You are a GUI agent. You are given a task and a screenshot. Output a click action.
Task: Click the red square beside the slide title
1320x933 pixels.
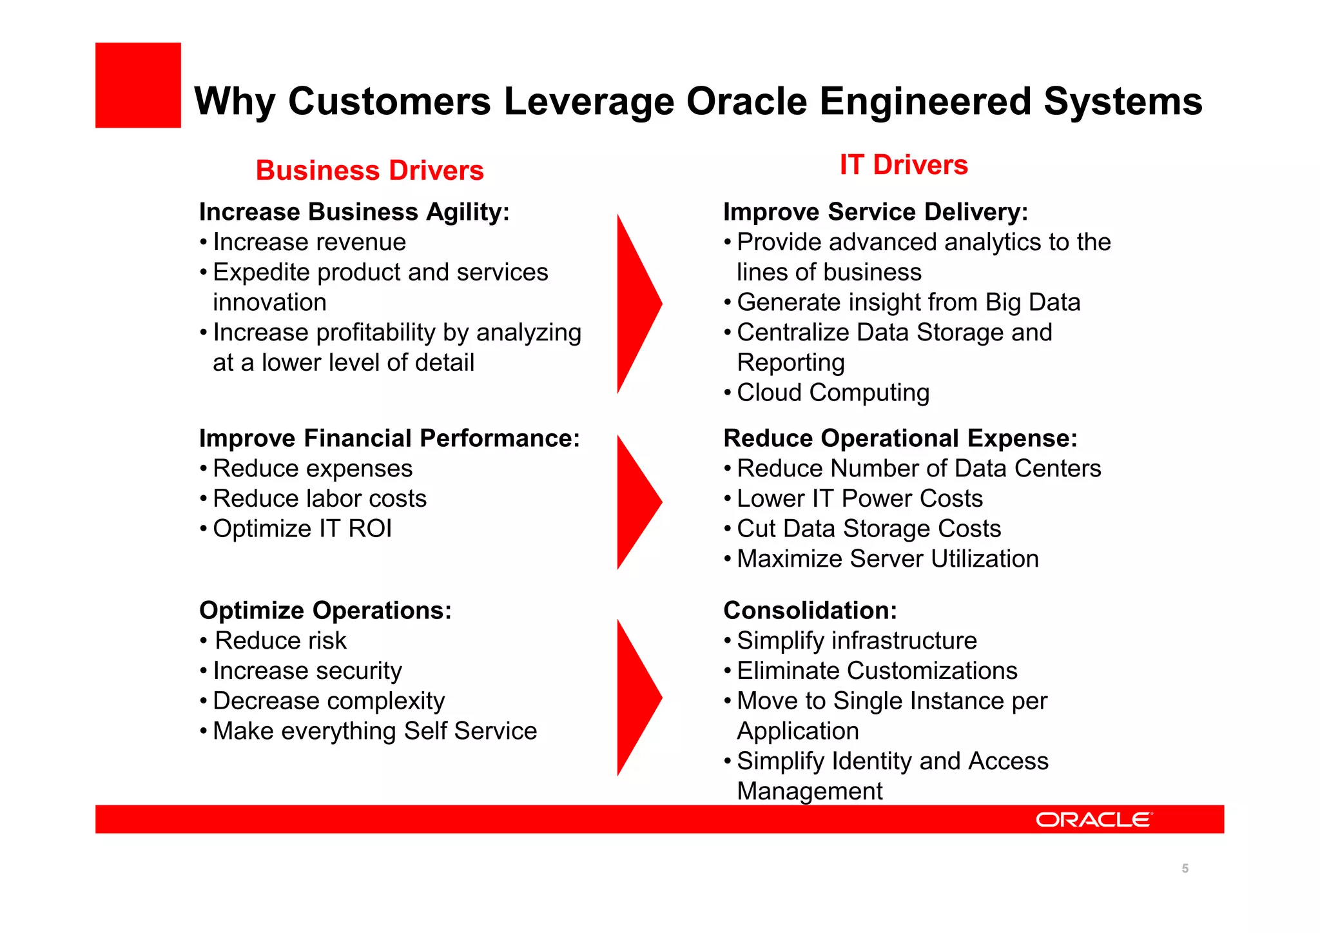click(138, 85)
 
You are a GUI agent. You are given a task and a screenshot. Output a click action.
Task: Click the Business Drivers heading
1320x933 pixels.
click(369, 171)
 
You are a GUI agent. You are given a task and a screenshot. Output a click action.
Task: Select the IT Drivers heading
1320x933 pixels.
click(903, 165)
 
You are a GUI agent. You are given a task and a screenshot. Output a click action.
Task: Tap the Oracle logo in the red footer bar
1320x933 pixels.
click(1093, 820)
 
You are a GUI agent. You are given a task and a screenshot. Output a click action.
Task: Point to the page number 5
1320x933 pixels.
click(1185, 869)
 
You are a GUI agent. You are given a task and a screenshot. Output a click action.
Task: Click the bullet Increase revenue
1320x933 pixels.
click(309, 242)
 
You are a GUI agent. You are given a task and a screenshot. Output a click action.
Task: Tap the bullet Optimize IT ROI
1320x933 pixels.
click(302, 529)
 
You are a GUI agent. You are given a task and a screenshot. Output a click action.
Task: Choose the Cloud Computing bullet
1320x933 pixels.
click(832, 393)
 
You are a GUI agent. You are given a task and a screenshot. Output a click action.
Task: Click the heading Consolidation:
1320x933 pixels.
click(810, 611)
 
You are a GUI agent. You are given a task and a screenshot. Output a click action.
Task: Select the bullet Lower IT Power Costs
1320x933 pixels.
click(859, 499)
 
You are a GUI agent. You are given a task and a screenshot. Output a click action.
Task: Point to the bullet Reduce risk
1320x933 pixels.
click(280, 641)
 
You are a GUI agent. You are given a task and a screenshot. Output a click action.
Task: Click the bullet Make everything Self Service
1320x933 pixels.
click(374, 731)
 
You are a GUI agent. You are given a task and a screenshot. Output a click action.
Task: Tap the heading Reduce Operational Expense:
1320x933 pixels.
click(900, 438)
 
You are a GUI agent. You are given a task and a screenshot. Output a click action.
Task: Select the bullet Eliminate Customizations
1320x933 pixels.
click(877, 671)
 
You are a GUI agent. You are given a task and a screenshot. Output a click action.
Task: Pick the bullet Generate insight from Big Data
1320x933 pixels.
click(908, 302)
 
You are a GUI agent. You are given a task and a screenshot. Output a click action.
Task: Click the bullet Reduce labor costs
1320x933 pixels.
click(320, 499)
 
